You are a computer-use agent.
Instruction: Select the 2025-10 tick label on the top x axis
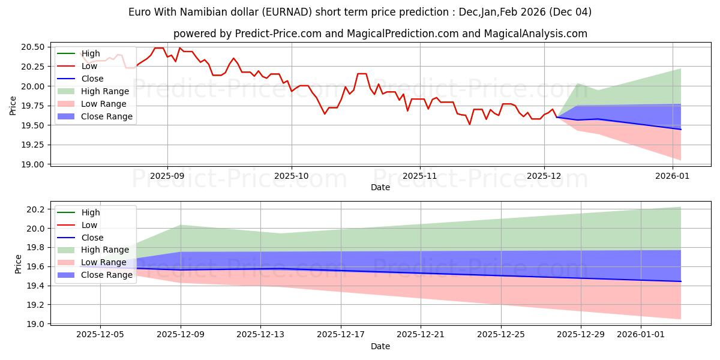click(x=292, y=177)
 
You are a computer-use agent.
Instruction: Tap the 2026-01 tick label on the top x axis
click(x=673, y=177)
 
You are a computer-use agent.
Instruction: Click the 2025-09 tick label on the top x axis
click(x=167, y=177)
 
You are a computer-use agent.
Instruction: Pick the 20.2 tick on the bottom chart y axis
click(x=37, y=209)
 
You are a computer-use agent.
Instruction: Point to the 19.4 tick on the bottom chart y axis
click(x=37, y=286)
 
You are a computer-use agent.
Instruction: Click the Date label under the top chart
click(x=380, y=187)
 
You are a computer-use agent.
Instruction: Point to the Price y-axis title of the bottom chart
click(x=18, y=264)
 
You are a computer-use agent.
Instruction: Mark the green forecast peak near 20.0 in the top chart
click(x=578, y=83)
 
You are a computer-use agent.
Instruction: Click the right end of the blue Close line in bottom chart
click(x=681, y=281)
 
